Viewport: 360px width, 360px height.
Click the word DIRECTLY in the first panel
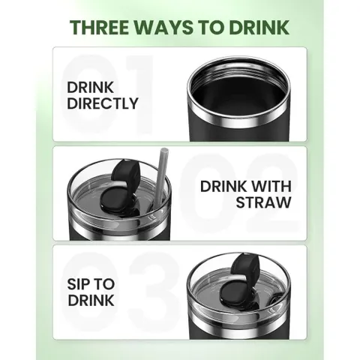pos(103,103)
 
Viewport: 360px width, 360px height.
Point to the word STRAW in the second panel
pos(264,202)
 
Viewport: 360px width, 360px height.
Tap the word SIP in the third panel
pos(78,284)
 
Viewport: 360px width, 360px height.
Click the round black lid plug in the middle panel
pos(117,199)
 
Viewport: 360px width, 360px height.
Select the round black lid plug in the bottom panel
pos(237,294)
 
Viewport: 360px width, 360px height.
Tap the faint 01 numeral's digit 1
pos(141,94)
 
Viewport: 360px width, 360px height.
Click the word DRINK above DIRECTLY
pos(90,88)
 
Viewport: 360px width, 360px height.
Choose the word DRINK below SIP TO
pos(91,300)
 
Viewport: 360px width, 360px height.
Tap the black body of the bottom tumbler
pos(238,334)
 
